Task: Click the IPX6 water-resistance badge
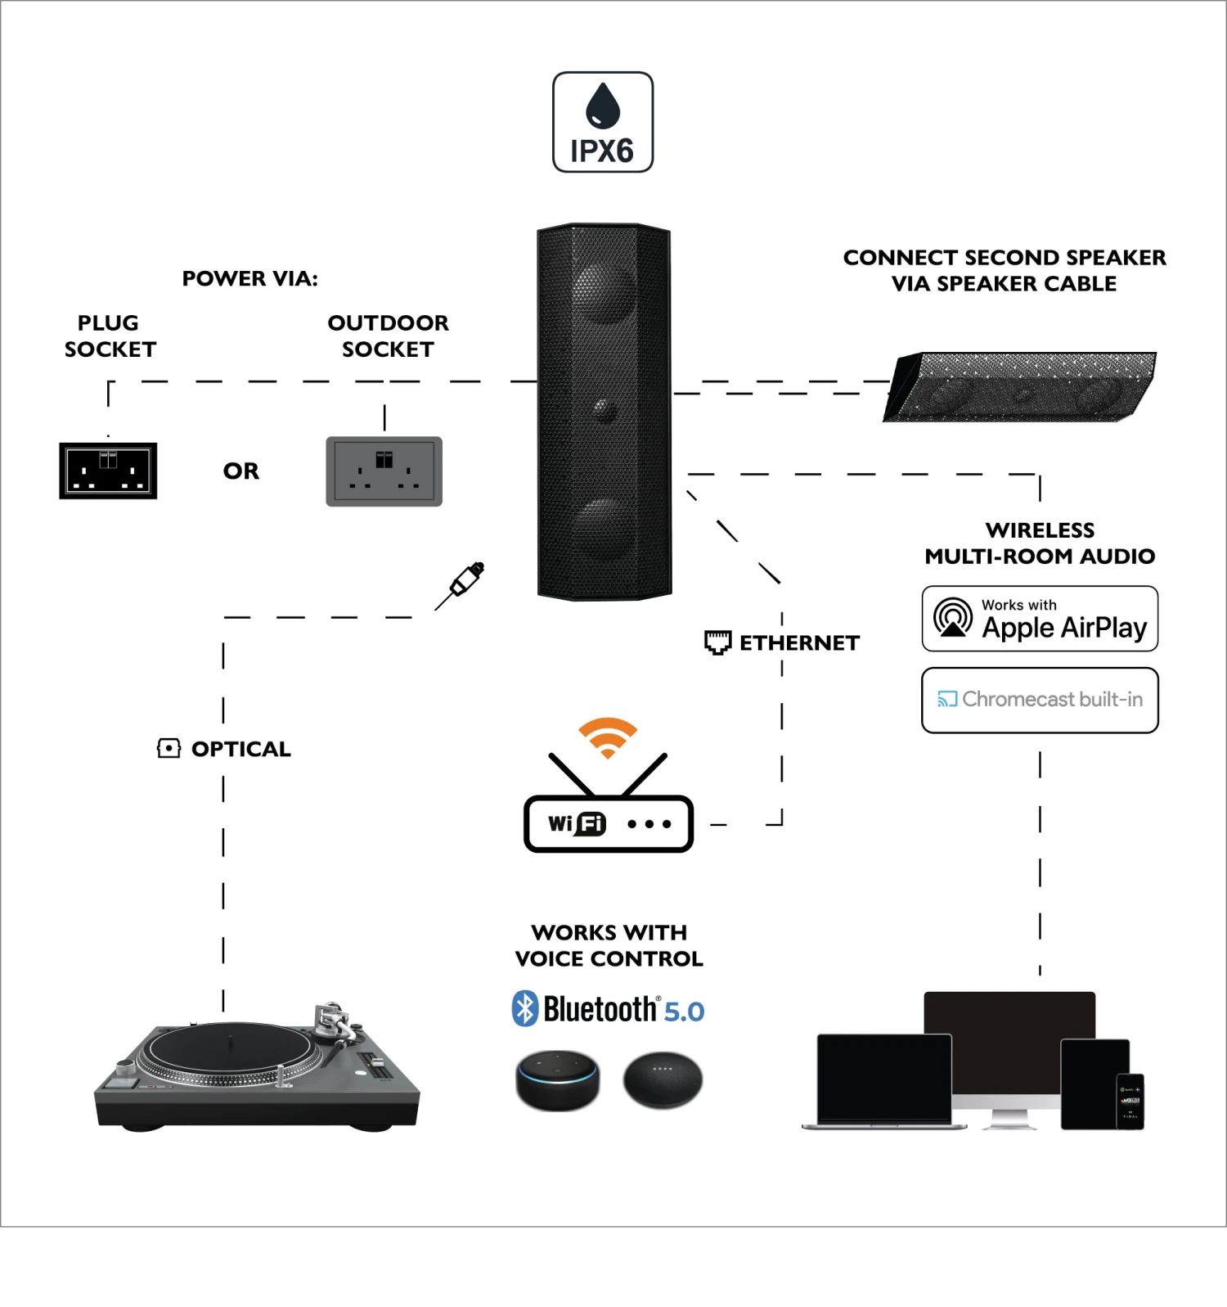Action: [x=603, y=122]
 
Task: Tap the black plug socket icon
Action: [x=108, y=471]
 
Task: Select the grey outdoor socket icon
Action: [x=384, y=471]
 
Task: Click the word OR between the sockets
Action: [x=241, y=471]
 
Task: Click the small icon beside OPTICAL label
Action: [x=169, y=748]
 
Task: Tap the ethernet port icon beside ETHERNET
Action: [x=717, y=642]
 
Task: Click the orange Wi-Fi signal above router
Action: [x=608, y=737]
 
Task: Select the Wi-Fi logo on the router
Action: [x=578, y=823]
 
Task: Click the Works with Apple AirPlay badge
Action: [x=1040, y=619]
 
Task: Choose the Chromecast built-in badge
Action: [x=1040, y=700]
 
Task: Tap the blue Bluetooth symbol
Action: [x=524, y=1009]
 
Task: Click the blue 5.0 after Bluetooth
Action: [x=684, y=1012]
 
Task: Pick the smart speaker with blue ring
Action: [x=558, y=1080]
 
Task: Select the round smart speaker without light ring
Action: [x=663, y=1080]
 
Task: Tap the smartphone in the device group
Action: [x=1130, y=1101]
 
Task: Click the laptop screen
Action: [x=884, y=1078]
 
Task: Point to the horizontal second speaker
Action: [x=1021, y=387]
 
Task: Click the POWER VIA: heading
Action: [x=249, y=279]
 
